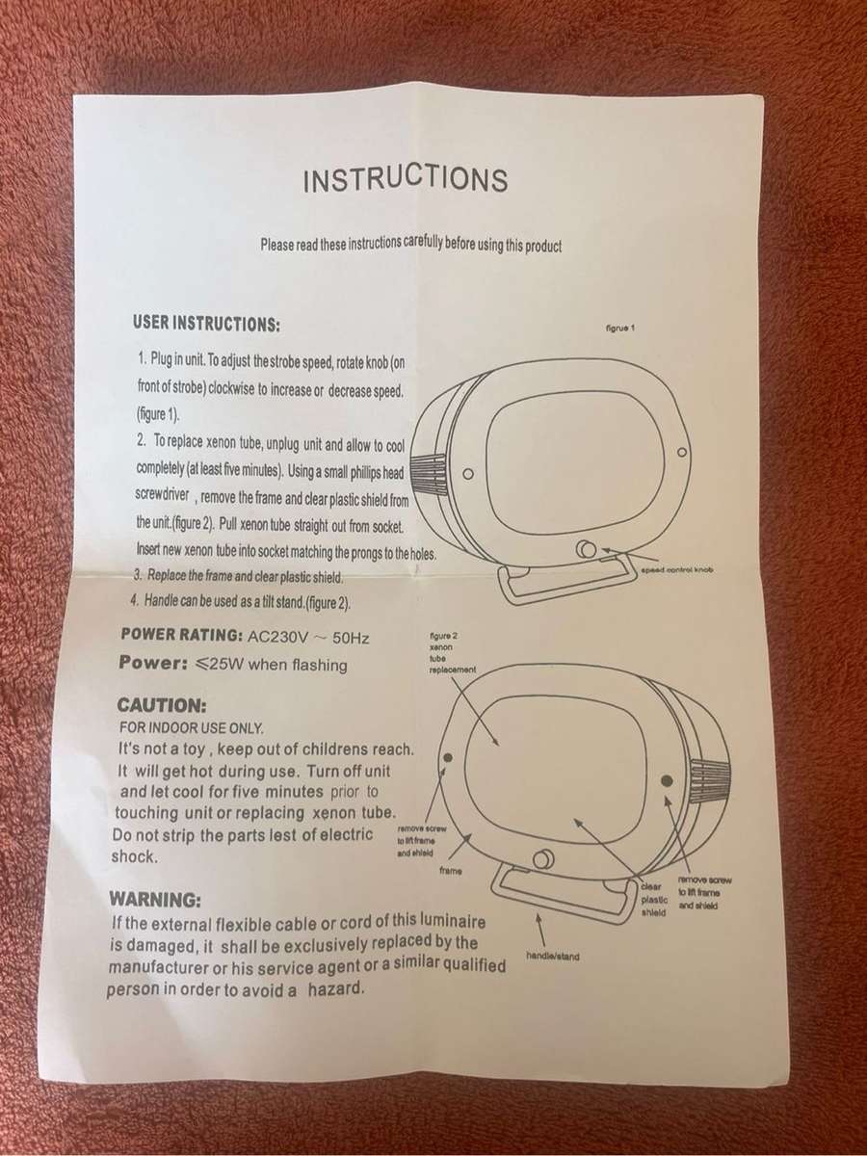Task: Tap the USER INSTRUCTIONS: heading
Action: pyautogui.click(x=206, y=324)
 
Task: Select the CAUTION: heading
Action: pyautogui.click(x=162, y=704)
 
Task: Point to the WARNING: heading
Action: pyautogui.click(x=155, y=900)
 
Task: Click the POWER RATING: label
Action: pyautogui.click(x=181, y=634)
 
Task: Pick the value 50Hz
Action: pyautogui.click(x=351, y=639)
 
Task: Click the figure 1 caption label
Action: pyautogui.click(x=621, y=328)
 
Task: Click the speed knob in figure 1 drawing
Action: pyautogui.click(x=587, y=550)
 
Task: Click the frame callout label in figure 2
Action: pyautogui.click(x=451, y=871)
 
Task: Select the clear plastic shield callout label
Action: pyautogui.click(x=655, y=900)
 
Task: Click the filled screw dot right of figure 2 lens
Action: pyautogui.click(x=667, y=780)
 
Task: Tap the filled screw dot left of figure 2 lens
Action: pyautogui.click(x=449, y=757)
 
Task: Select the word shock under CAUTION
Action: pyautogui.click(x=135, y=856)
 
